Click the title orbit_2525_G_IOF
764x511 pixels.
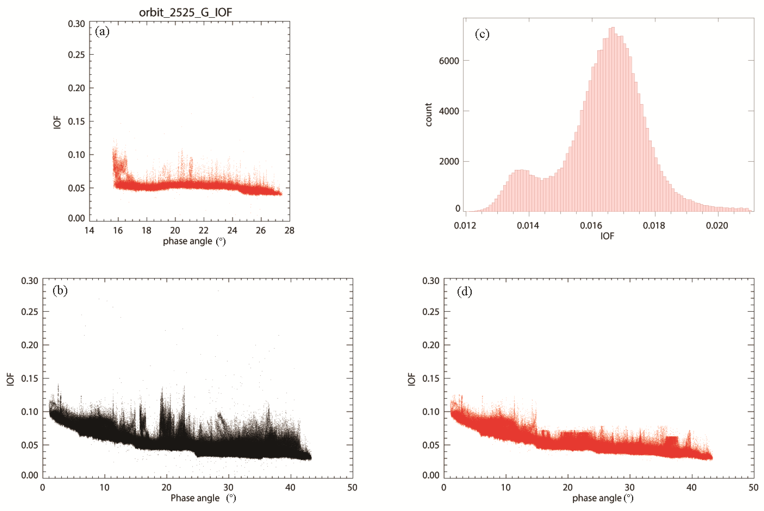click(186, 12)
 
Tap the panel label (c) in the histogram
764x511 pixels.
click(482, 34)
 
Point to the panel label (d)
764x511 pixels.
click(464, 292)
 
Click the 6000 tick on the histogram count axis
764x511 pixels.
click(449, 61)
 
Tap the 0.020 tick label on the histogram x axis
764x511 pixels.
click(716, 225)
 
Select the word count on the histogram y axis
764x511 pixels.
click(428, 115)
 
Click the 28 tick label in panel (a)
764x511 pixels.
click(289, 231)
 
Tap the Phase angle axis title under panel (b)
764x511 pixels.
click(203, 498)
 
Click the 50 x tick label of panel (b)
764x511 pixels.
click(352, 487)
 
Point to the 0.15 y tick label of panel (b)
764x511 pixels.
click(30, 378)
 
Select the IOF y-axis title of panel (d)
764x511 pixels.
click(412, 379)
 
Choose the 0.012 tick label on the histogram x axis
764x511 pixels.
click(465, 225)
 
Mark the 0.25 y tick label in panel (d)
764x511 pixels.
click(431, 312)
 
